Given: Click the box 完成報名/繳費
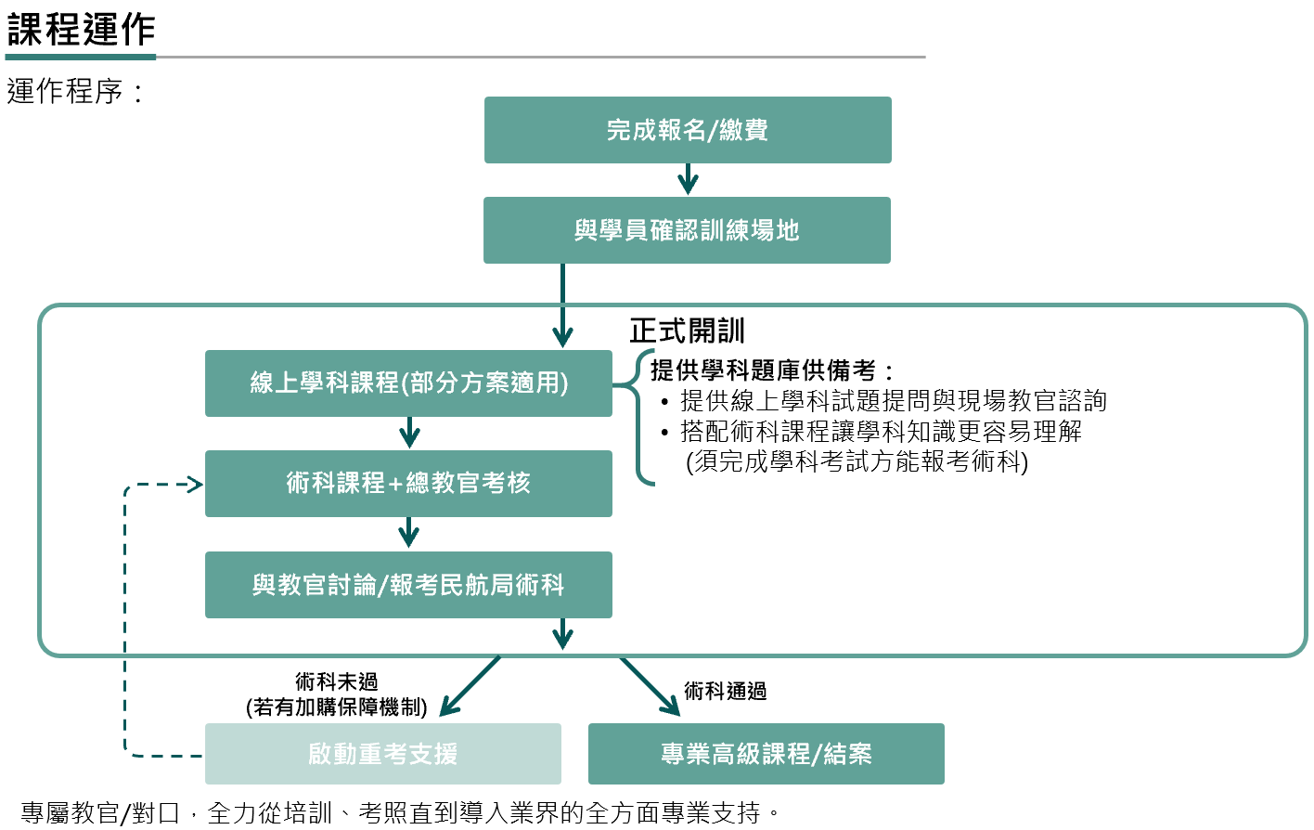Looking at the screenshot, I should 688,130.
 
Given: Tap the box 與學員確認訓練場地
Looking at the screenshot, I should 687,230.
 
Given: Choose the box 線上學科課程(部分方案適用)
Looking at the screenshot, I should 408,383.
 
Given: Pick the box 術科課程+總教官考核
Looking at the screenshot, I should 408,483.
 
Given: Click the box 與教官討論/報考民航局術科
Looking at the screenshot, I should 408,585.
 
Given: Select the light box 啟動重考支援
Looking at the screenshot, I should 382,754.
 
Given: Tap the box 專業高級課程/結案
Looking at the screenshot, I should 766,754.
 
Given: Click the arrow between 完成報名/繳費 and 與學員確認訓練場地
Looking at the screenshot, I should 688,179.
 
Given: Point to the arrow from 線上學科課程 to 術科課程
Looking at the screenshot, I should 409,433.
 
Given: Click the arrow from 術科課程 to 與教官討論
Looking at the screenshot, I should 409,534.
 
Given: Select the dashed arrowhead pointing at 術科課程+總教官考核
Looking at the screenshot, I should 194,484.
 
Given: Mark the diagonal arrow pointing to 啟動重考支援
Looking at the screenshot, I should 469,687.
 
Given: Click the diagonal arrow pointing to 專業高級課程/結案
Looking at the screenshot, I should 651,687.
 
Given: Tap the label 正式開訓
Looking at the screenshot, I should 687,331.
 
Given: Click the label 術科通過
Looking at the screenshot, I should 725,691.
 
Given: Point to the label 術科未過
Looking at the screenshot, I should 336,682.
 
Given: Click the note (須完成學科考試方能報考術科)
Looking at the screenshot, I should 857,461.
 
